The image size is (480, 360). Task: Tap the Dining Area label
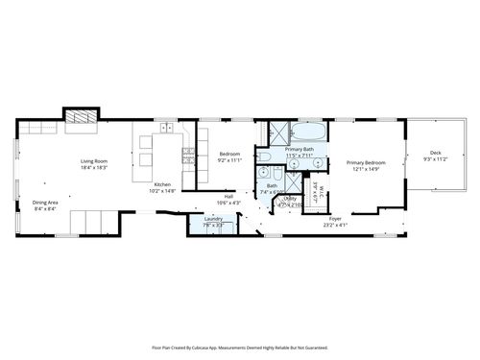click(x=45, y=202)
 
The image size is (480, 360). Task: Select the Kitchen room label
click(x=163, y=185)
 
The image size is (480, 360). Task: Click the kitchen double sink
click(x=166, y=127)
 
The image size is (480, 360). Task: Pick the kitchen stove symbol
click(x=188, y=154)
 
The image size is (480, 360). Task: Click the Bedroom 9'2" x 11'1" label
click(x=229, y=155)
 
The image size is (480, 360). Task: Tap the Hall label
click(x=228, y=197)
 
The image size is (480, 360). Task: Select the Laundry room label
click(x=213, y=219)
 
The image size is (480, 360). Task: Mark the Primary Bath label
click(x=299, y=149)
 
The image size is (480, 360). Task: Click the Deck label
click(x=435, y=153)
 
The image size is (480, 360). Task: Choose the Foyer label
click(x=335, y=219)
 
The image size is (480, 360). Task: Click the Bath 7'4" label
click(x=272, y=185)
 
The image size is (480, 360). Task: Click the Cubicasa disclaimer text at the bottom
click(x=240, y=347)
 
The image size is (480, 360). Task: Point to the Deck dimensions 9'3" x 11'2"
click(x=435, y=159)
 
